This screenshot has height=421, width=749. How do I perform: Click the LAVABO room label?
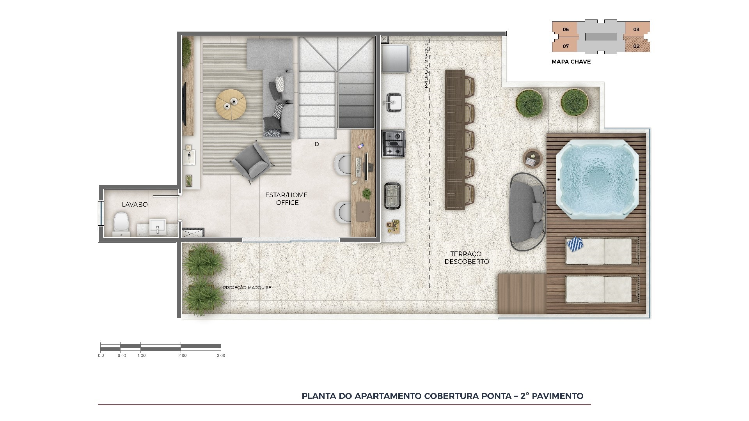click(x=135, y=204)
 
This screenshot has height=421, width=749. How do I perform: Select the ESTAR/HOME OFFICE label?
click(x=287, y=199)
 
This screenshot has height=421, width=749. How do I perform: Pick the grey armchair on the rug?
click(x=250, y=160)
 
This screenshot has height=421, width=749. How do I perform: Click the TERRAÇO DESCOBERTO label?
click(x=467, y=258)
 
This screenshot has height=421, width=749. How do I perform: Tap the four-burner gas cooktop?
click(x=393, y=144)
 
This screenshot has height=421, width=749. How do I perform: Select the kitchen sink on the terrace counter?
click(x=394, y=102)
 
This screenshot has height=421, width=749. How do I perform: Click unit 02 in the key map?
click(x=636, y=46)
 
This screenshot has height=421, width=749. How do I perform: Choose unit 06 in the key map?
click(x=566, y=30)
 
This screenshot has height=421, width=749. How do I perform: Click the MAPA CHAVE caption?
click(x=571, y=62)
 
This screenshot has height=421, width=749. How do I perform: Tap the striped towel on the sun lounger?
click(x=574, y=245)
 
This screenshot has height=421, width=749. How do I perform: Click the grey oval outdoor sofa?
click(x=527, y=212)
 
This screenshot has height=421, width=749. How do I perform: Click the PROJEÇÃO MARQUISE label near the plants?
click(x=247, y=288)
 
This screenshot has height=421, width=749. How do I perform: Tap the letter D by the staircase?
click(x=317, y=144)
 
